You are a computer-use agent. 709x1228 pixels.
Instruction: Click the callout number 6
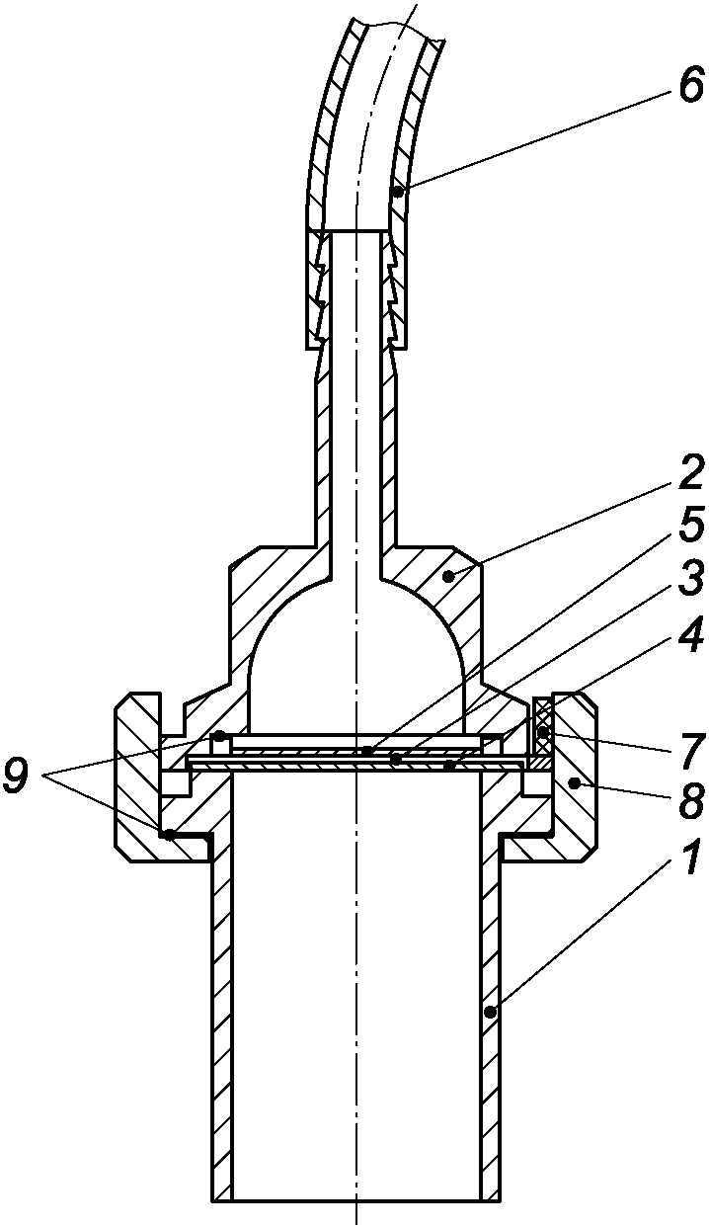pyautogui.click(x=690, y=87)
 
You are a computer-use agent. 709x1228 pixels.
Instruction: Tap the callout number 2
pyautogui.click(x=690, y=473)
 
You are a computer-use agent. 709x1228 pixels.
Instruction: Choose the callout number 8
pyautogui.click(x=690, y=801)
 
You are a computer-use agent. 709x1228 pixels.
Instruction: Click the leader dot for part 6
pyautogui.click(x=399, y=192)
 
